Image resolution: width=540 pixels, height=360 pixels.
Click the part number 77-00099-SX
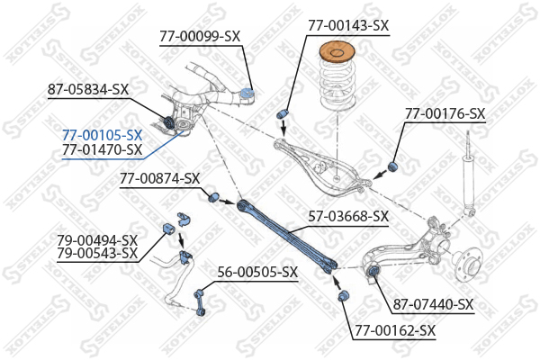200,37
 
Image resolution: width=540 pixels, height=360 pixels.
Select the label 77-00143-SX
348,25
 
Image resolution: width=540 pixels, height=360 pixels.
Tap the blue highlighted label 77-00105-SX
103,135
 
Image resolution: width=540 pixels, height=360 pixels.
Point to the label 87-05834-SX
88,90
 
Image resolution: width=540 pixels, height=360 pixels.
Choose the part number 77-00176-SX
445,113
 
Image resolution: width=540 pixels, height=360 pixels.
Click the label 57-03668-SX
348,216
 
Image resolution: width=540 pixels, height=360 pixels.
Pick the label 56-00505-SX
257,273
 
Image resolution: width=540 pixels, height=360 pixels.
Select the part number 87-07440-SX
434,304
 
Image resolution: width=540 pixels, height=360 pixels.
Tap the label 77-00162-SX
395,330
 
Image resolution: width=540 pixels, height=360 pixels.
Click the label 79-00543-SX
97,254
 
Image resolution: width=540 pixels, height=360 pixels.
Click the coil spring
337,85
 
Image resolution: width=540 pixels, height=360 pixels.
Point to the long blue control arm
286,237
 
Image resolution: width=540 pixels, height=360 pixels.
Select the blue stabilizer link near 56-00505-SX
200,303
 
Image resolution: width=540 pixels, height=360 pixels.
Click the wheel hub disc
471,265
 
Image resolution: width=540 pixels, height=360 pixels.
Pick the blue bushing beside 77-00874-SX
214,197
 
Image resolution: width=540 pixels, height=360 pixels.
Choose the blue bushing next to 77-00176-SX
392,166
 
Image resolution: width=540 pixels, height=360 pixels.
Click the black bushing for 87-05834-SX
168,122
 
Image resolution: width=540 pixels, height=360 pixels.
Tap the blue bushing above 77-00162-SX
343,295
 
